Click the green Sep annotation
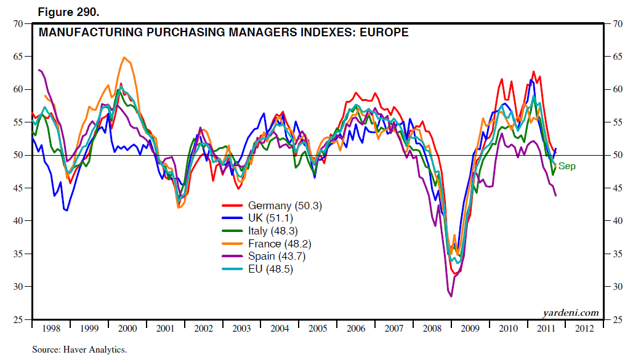(x=566, y=166)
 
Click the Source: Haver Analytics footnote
(x=79, y=349)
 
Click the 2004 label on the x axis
(x=280, y=328)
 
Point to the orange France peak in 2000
(x=124, y=58)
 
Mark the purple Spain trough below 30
(x=451, y=296)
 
